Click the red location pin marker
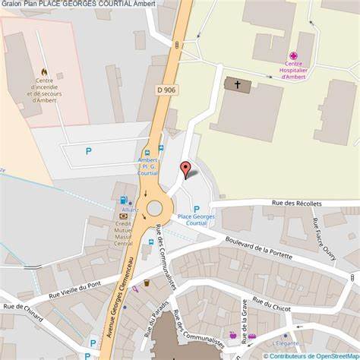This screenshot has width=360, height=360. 185,169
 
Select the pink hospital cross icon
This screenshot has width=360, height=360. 293,55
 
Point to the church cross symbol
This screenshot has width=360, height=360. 237,84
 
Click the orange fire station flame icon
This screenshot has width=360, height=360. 44,72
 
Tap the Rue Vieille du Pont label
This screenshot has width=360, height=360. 74,290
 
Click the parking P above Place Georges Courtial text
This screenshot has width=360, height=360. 197,209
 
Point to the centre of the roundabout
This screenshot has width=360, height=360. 155,207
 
